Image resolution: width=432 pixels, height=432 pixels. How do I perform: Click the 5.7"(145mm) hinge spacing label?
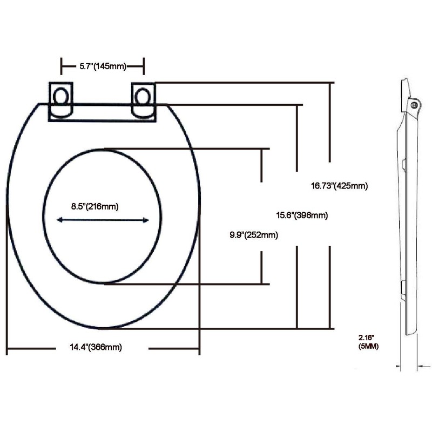coord(103,66)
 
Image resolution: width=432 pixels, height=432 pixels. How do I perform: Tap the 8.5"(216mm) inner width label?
coord(94,206)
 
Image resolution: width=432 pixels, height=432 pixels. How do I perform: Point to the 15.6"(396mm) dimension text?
coord(302,215)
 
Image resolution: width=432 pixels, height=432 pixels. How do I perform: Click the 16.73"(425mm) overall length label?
coord(339,186)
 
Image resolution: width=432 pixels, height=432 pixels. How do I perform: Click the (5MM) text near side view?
coord(368,346)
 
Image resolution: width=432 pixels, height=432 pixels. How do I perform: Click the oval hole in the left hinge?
coord(62,97)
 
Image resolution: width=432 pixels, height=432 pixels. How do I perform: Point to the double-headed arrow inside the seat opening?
coord(103,220)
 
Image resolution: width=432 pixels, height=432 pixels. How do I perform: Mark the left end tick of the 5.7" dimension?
coord(61,66)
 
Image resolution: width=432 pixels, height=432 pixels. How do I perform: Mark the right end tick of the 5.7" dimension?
coord(144,66)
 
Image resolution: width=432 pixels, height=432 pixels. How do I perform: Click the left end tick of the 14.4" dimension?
coord(8,348)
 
